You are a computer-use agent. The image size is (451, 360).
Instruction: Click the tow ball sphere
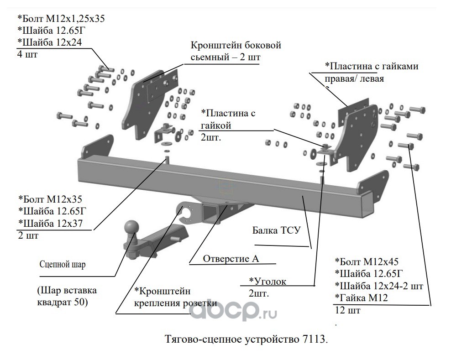pyautogui.click(x=132, y=228)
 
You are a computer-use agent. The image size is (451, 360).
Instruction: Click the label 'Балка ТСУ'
pyautogui.click(x=277, y=230)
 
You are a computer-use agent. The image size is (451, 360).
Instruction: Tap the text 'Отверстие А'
pyautogui.click(x=231, y=259)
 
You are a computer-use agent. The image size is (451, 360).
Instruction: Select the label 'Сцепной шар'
pyautogui.click(x=63, y=265)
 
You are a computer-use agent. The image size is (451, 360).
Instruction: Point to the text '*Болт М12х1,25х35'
pyautogui.click(x=61, y=19)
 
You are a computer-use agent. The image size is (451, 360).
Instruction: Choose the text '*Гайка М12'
pyautogui.click(x=361, y=297)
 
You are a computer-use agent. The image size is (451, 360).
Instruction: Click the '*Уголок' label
pyautogui.click(x=267, y=281)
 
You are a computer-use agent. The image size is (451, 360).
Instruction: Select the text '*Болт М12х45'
pyautogui.click(x=367, y=261)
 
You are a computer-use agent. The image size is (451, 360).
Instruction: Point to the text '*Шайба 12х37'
pyautogui.click(x=50, y=224)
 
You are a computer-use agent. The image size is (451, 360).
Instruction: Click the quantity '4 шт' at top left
pyautogui.click(x=27, y=54)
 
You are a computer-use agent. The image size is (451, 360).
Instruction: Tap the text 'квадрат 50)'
pyautogui.click(x=63, y=303)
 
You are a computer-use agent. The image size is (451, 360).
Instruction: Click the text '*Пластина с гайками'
pyautogui.click(x=372, y=66)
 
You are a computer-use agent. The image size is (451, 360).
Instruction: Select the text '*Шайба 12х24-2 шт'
pyautogui.click(x=379, y=286)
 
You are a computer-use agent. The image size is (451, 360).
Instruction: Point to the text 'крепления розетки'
pyautogui.click(x=175, y=303)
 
